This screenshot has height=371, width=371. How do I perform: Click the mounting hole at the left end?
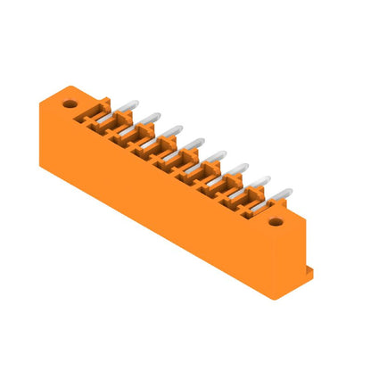pyautogui.click(x=70, y=104)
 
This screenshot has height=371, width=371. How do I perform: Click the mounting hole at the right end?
pyautogui.click(x=276, y=222)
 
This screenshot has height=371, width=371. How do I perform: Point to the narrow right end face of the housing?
pyautogui.click(x=290, y=254)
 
